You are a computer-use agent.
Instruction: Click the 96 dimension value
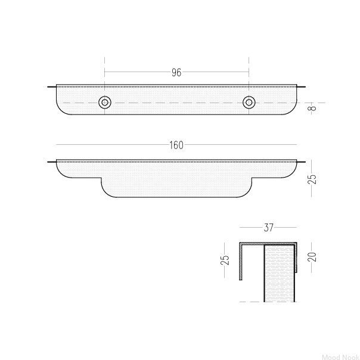[x=176, y=73]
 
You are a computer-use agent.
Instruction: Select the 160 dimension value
[x=176, y=145]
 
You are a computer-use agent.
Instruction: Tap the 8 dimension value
[x=312, y=108]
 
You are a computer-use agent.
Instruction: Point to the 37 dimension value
[x=268, y=228]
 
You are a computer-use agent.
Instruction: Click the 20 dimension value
[x=312, y=257]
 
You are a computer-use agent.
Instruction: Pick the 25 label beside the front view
[x=312, y=179]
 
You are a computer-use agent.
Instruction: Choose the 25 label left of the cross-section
[x=225, y=260]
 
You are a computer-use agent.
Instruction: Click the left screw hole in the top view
[x=105, y=103]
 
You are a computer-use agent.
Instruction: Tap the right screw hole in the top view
[x=249, y=103]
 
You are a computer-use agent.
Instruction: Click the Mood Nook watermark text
[x=341, y=357]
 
